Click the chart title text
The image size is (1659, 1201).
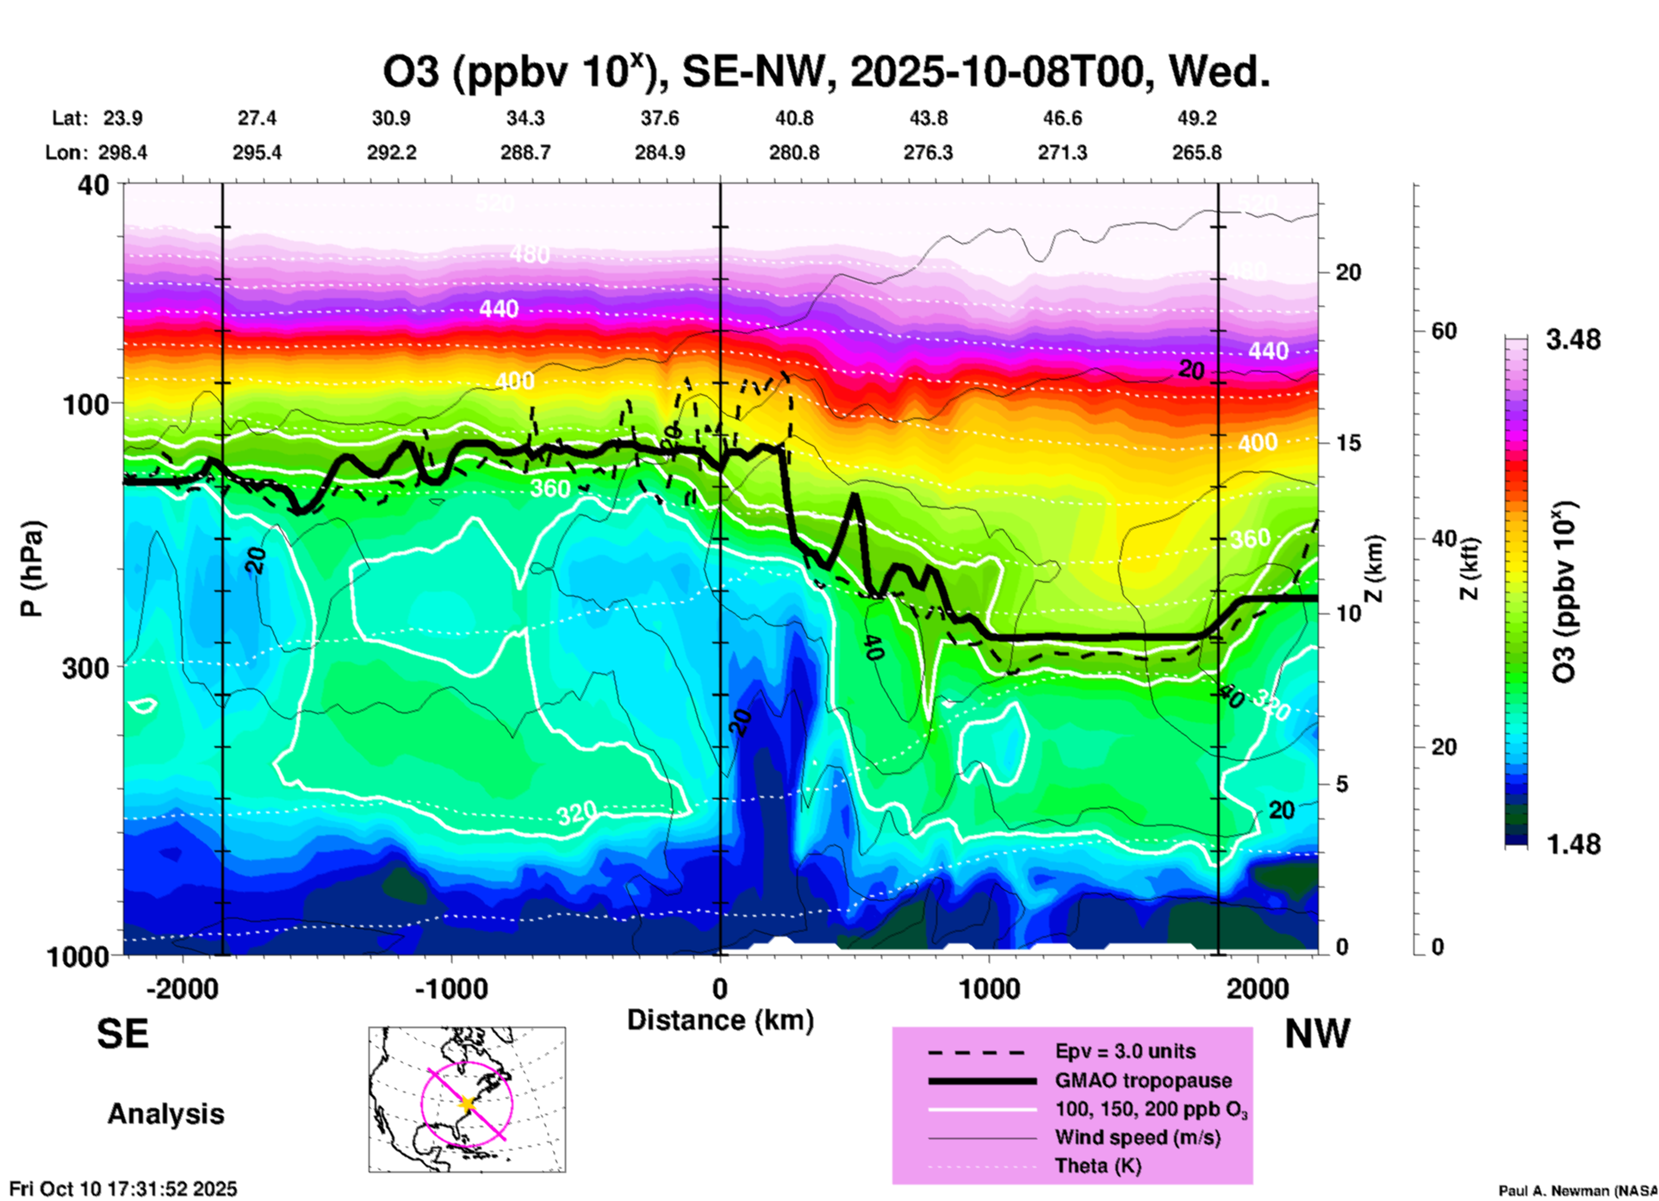(x=826, y=72)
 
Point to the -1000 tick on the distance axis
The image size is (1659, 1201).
(x=451, y=989)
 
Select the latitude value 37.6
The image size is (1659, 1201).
(x=660, y=118)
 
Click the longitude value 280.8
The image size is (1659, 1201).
(x=794, y=153)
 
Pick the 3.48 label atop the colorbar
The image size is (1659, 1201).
(x=1573, y=340)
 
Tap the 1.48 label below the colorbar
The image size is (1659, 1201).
(x=1573, y=844)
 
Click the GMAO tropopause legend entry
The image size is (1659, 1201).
(x=1143, y=1080)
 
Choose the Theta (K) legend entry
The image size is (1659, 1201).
(x=1097, y=1167)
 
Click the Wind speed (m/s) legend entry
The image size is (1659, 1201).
(x=1137, y=1138)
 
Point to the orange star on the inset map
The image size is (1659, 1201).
(x=467, y=1104)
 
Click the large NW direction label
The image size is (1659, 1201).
(x=1317, y=1034)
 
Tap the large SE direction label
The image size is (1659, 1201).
(x=122, y=1034)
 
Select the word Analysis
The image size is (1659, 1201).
(x=165, y=1114)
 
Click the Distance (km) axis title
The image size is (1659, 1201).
(x=720, y=1020)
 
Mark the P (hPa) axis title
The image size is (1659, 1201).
(x=32, y=569)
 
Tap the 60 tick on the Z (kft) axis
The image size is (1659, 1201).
(x=1444, y=332)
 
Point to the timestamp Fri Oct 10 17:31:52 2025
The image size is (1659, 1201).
(x=123, y=1189)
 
